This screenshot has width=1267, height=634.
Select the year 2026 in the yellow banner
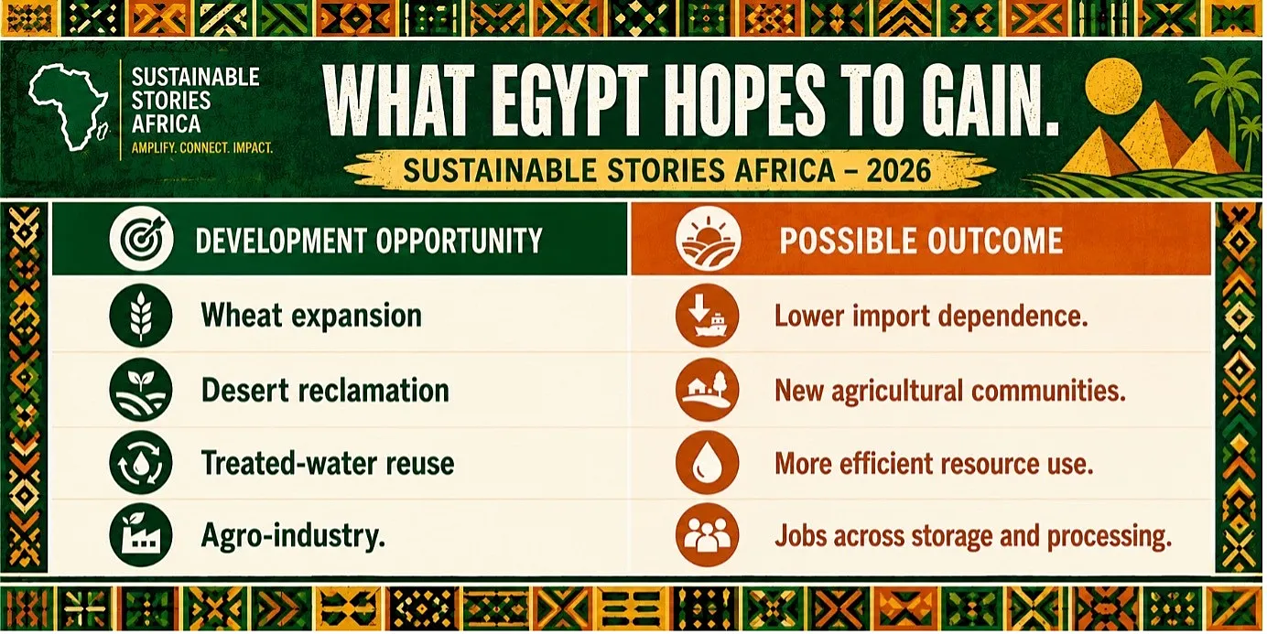pos(898,171)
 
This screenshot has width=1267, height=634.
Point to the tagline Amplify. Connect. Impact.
pos(202,148)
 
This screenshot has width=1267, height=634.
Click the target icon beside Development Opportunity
pos(141,239)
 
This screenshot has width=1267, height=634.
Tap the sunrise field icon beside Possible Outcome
pos(709,239)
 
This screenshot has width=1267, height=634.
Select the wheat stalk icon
pos(141,316)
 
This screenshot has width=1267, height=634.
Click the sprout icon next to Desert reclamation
pos(141,390)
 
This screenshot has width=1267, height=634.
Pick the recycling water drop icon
pos(141,463)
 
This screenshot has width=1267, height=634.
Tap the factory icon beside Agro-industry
pos(141,536)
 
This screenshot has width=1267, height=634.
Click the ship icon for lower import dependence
pos(707,316)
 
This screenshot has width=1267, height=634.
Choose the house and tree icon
pos(707,390)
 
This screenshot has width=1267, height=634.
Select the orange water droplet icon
pos(707,463)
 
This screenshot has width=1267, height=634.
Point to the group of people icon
pos(707,536)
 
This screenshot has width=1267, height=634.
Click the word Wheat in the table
pos(242,316)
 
